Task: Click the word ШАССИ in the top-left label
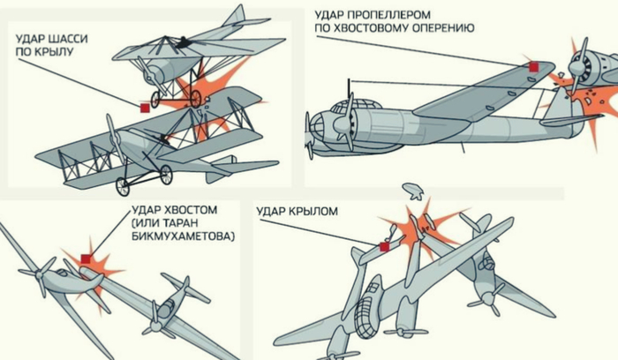pos(68,39)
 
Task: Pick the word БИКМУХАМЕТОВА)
pos(183,236)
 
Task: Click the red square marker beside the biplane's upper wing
pos(145,108)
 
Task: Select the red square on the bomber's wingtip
pos(533,67)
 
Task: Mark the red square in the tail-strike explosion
pos(86,259)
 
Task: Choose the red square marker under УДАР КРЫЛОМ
pos(384,247)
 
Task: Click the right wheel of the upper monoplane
pos(195,99)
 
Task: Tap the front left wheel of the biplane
pos(122,187)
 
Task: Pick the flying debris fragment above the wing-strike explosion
pos(413,191)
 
